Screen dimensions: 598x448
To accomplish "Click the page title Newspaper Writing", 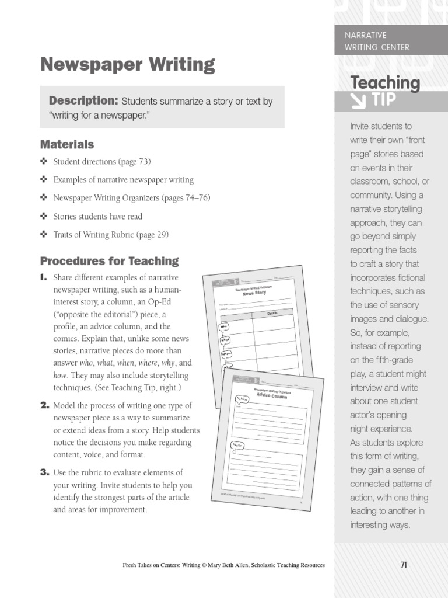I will [x=127, y=65].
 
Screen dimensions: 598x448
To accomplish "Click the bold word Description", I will [x=83, y=101].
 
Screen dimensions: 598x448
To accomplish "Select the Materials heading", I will [x=66, y=144].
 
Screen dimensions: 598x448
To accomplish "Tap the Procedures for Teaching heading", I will [x=109, y=261].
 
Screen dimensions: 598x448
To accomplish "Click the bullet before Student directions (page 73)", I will [x=44, y=161].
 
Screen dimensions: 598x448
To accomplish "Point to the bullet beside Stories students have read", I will [x=44, y=216].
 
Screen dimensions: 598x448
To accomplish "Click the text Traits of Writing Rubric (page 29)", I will [x=111, y=235].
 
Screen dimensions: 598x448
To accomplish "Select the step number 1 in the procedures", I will [x=43, y=278].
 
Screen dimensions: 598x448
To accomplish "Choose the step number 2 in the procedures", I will [x=44, y=405].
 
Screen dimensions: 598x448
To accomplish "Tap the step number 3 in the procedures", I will [x=44, y=472].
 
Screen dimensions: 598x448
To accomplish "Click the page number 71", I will [x=404, y=564].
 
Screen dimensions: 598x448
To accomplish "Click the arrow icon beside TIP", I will [x=356, y=101].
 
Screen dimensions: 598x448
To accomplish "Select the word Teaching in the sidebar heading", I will [x=384, y=83].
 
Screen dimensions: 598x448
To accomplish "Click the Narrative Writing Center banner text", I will [x=377, y=41].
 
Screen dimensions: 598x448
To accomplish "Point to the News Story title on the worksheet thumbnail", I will [x=254, y=292].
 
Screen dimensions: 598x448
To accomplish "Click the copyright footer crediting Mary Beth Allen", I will [x=223, y=565].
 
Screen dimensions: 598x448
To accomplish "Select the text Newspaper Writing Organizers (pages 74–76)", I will [x=131, y=198].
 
